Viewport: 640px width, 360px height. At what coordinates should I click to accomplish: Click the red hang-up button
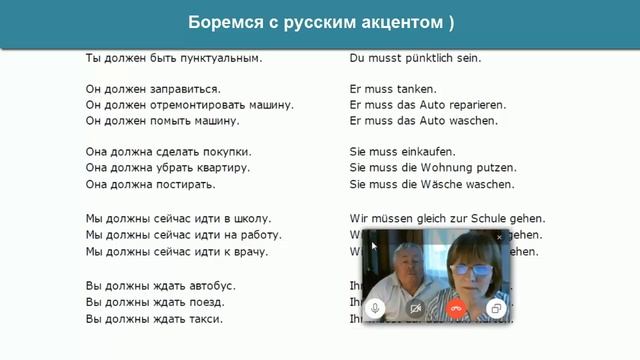pyautogui.click(x=456, y=309)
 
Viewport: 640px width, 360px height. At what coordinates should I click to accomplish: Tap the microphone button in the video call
pyautogui.click(x=376, y=309)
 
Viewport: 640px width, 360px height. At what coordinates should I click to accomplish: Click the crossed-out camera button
pyautogui.click(x=415, y=309)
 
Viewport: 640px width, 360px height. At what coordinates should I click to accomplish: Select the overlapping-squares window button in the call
pyautogui.click(x=496, y=309)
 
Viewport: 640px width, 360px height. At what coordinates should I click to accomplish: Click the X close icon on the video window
pyautogui.click(x=500, y=237)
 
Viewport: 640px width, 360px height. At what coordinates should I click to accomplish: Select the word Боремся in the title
pyautogui.click(x=221, y=23)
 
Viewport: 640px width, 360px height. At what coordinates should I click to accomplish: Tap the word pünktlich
pyautogui.click(x=422, y=58)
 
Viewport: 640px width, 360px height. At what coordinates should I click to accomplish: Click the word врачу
pyautogui.click(x=251, y=251)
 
